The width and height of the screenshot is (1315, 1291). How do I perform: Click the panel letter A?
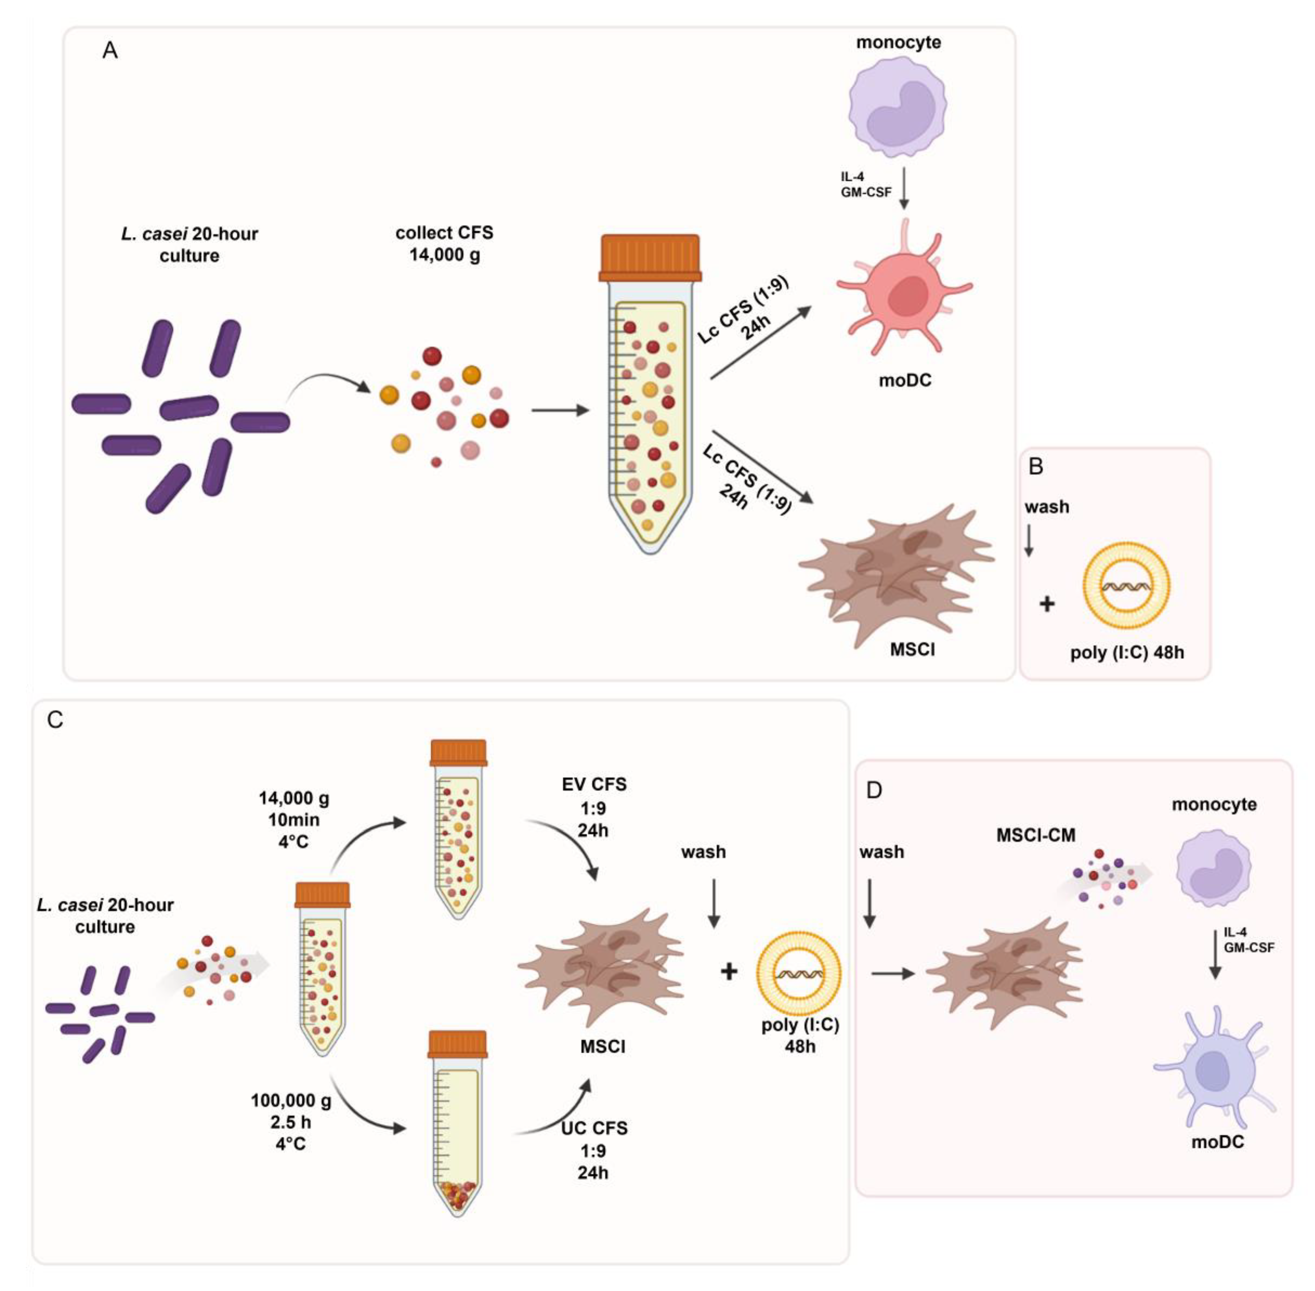[110, 50]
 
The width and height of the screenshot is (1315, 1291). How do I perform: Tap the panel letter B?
[1036, 466]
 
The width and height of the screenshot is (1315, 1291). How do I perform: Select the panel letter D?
[874, 791]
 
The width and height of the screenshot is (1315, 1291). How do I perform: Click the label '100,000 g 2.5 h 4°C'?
[291, 1122]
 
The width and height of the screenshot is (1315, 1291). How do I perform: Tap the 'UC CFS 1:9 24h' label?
[593, 1151]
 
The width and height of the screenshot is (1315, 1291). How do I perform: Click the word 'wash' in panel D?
[881, 852]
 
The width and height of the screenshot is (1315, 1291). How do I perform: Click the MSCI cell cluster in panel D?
[1003, 973]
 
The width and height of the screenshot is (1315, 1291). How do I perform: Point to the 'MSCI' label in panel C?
[602, 1046]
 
